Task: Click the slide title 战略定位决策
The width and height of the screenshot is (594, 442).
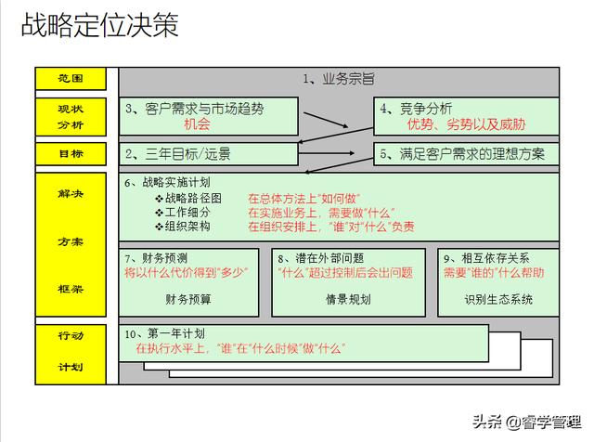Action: (x=99, y=26)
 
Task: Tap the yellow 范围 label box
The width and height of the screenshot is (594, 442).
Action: (x=71, y=79)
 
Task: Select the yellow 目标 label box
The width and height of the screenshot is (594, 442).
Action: (x=71, y=152)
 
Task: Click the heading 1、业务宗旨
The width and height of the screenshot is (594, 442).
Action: (x=339, y=80)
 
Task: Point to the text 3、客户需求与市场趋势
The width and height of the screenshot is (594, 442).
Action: (x=194, y=109)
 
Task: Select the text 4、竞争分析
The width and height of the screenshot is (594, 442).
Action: (x=416, y=109)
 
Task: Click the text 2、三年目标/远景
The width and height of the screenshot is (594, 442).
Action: (x=178, y=152)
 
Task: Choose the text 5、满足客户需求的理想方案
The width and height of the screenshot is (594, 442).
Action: (x=461, y=152)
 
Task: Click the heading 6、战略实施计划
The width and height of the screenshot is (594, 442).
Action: (x=167, y=182)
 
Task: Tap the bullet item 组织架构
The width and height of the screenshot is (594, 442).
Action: (x=187, y=226)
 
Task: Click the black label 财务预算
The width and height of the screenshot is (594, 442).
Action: (x=188, y=299)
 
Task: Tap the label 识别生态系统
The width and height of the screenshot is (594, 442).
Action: (x=498, y=299)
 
